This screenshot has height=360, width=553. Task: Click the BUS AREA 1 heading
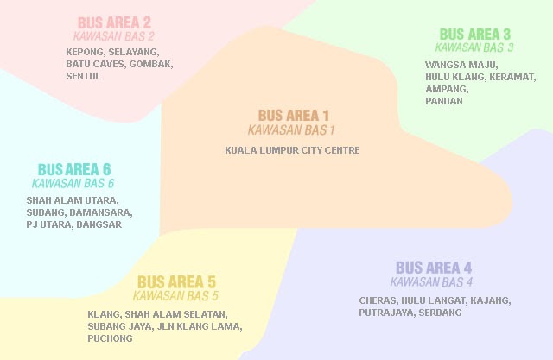coord(293,116)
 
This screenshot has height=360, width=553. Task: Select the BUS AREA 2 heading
coord(114,23)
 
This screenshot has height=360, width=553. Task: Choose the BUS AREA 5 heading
coord(176,282)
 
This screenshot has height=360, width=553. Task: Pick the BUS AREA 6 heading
coord(73,169)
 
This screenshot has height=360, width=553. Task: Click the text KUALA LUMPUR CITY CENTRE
coord(292,150)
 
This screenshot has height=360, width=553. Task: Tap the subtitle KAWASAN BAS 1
coord(291,130)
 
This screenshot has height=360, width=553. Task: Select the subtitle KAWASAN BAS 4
coord(431,282)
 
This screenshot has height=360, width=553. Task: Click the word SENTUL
coord(84,76)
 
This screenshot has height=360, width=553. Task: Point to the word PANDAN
coord(444,101)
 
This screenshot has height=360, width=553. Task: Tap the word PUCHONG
coord(111,339)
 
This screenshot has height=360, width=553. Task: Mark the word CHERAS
coord(377,300)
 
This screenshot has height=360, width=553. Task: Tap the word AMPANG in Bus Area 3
coord(445,89)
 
